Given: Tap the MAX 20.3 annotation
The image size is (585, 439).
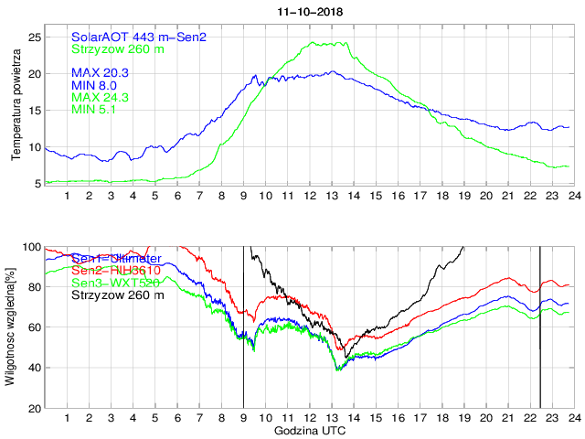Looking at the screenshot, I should coord(100,72).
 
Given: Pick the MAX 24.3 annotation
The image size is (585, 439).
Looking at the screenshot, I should coord(100,97).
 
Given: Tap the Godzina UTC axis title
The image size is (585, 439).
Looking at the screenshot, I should coord(309,430).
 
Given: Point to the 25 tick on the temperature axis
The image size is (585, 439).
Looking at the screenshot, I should coord(34,37).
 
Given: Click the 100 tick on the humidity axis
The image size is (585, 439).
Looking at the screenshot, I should coord(31,248).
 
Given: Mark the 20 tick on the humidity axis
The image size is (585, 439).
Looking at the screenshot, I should coord(34,408).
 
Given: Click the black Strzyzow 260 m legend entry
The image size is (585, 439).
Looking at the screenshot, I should coord(117,294).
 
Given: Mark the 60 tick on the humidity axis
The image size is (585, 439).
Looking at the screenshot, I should coord(34,327).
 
